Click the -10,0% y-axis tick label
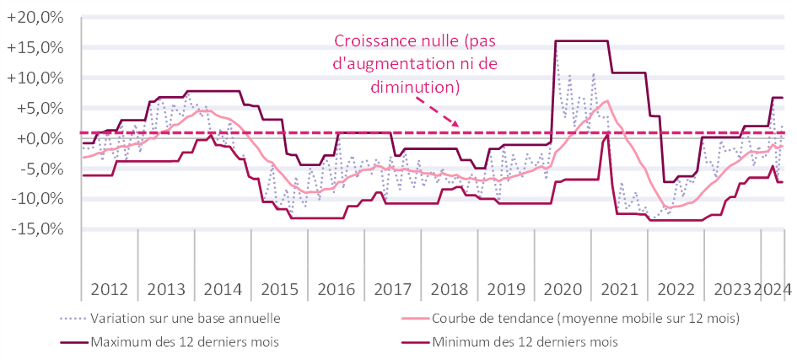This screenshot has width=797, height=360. coord(40,198)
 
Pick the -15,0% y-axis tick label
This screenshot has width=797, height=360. coord(40,228)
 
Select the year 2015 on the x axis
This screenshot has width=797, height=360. coord(278,288)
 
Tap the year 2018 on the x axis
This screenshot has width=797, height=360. coord(449,288)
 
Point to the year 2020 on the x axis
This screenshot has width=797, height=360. coord(562,288)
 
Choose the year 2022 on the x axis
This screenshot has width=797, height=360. coord(676,288)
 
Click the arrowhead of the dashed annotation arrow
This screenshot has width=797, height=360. coord(456,124)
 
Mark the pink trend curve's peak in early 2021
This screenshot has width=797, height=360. coord(607,100)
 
